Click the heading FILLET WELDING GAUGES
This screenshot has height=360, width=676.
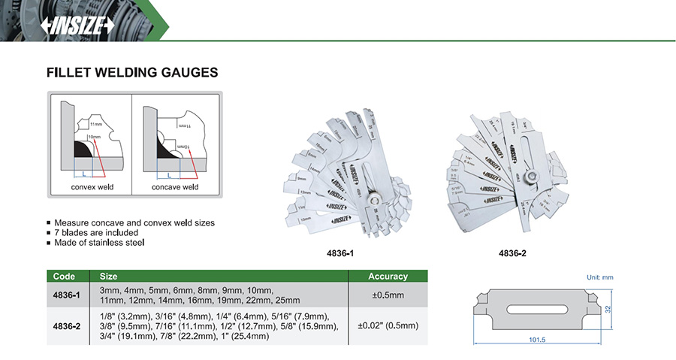(x=132, y=73)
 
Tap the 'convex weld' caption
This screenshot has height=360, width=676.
(x=92, y=186)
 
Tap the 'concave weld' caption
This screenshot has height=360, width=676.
(x=175, y=186)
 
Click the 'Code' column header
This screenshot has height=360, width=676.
(x=65, y=277)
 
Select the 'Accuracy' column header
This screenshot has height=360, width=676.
(x=388, y=277)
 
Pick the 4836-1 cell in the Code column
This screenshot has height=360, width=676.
(x=66, y=295)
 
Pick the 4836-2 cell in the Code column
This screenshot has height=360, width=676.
(x=66, y=326)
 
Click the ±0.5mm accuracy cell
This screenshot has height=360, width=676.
(x=388, y=295)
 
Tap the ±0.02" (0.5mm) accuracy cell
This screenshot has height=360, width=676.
(x=388, y=326)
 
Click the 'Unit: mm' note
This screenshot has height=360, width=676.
(x=599, y=277)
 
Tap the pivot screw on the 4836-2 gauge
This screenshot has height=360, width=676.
(x=531, y=177)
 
